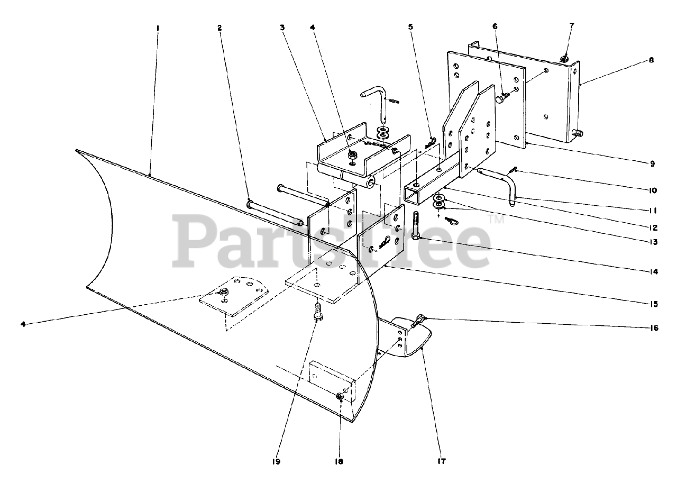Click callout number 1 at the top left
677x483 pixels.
pyautogui.click(x=158, y=26)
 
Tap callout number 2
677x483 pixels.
pyautogui.click(x=220, y=26)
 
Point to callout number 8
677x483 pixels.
pyautogui.click(x=652, y=60)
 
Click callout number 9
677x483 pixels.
pyautogui.click(x=653, y=164)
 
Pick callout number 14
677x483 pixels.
pyautogui.click(x=654, y=272)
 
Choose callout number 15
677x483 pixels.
pyautogui.click(x=654, y=304)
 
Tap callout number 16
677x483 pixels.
pyautogui.click(x=654, y=328)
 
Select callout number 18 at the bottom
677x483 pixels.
pyautogui.click(x=338, y=461)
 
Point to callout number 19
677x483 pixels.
pyautogui.click(x=276, y=461)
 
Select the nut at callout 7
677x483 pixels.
pyautogui.click(x=565, y=57)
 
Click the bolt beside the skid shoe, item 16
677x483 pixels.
pyautogui.click(x=418, y=320)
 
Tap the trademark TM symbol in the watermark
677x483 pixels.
pyautogui.click(x=498, y=218)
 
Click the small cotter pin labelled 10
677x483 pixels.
pyautogui.click(x=512, y=170)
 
